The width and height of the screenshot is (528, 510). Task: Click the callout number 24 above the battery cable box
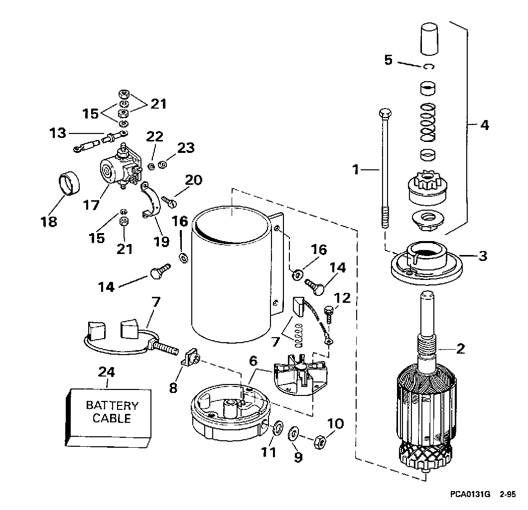pyautogui.click(x=107, y=372)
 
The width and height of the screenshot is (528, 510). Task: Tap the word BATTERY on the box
pyautogui.click(x=112, y=405)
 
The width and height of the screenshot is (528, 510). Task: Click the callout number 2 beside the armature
pyautogui.click(x=460, y=349)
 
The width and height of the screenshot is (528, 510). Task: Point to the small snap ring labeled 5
pyautogui.click(x=429, y=66)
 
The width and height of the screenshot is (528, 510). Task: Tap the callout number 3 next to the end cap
pyautogui.click(x=483, y=256)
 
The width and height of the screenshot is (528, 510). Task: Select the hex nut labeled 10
pyautogui.click(x=319, y=441)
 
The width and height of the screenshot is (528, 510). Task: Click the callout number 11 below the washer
pyautogui.click(x=268, y=452)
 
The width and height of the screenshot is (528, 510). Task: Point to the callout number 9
pyautogui.click(x=298, y=457)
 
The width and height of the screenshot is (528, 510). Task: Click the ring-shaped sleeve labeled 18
pyautogui.click(x=70, y=183)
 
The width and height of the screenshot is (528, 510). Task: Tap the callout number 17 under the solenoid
pyautogui.click(x=91, y=205)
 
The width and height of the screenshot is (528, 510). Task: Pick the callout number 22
pyautogui.click(x=154, y=136)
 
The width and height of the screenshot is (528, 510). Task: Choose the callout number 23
pyautogui.click(x=186, y=148)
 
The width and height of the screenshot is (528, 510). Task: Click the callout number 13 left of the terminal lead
pyautogui.click(x=58, y=133)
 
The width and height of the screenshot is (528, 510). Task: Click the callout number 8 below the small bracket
pyautogui.click(x=173, y=388)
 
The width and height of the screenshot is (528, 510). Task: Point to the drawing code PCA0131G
pyautogui.click(x=470, y=494)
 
